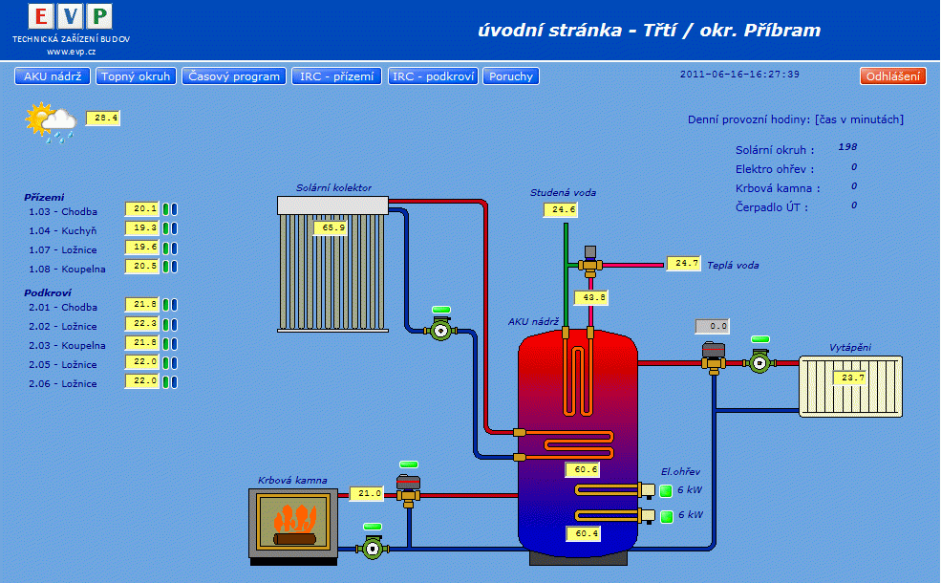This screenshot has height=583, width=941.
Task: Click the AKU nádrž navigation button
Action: pos(53,76)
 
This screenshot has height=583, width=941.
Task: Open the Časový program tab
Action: pos(234,76)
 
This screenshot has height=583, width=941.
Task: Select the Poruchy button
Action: pos(511,76)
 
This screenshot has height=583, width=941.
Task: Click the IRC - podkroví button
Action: pos(433,76)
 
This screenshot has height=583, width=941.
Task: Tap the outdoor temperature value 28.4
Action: pos(103,119)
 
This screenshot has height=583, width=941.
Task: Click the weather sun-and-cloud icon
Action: pos(52,122)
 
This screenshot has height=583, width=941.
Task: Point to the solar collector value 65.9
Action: pos(330,227)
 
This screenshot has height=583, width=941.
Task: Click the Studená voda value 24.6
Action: pos(561,210)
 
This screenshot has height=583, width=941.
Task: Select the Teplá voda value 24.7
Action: pos(683,264)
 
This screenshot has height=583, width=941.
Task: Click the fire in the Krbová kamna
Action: pos(293,522)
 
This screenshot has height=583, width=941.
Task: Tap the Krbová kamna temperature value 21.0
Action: pos(366,494)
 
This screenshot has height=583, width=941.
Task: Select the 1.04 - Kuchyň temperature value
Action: pos(141,228)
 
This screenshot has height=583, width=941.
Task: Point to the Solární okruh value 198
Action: pos(848,147)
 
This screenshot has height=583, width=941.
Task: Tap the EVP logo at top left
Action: pos(71,16)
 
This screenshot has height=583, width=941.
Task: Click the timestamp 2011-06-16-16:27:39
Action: pos(739,75)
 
